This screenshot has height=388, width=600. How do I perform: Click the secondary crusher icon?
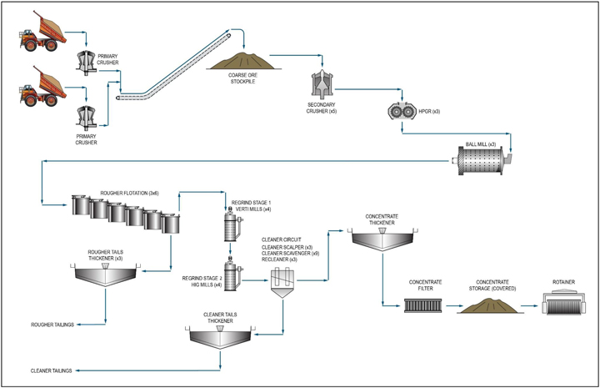pyautogui.click(x=321, y=83)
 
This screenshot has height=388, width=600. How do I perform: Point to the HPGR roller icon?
pyautogui.click(x=403, y=112)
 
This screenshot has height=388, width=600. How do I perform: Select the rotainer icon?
pyautogui.click(x=569, y=305)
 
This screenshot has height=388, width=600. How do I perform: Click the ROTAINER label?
pyautogui.click(x=569, y=283)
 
